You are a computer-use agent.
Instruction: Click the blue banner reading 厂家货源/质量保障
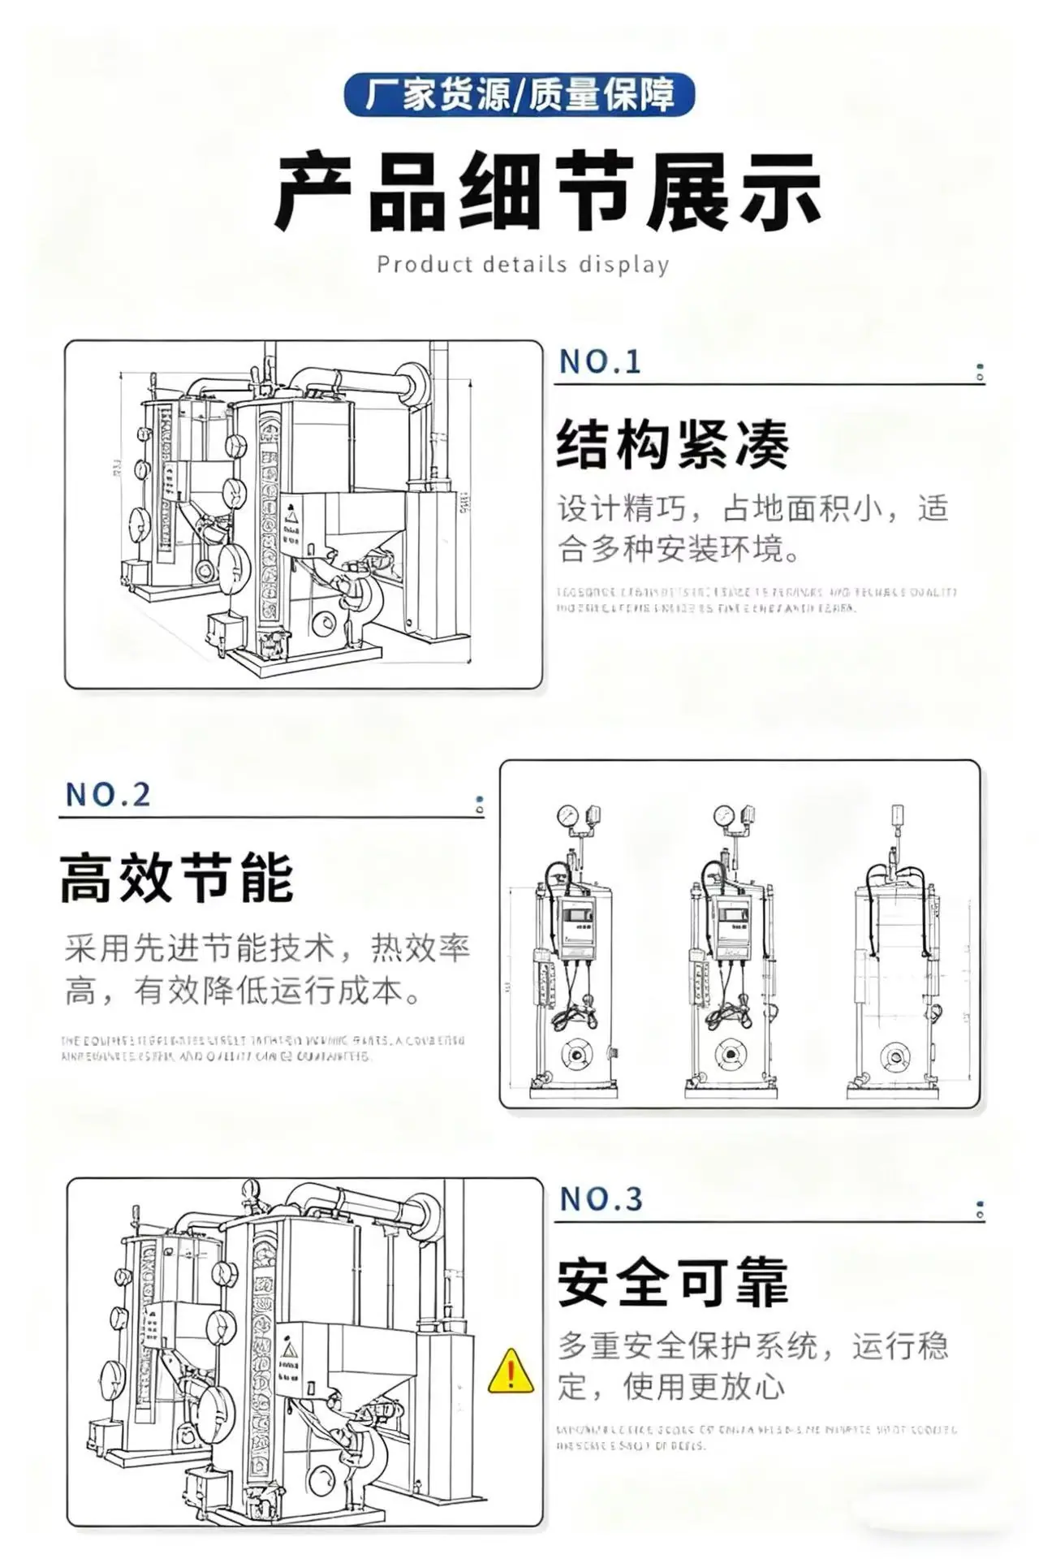click(519, 95)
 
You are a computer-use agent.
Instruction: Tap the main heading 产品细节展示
click(548, 193)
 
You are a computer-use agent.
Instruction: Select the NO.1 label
click(601, 362)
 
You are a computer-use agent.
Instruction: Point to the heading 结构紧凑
click(672, 445)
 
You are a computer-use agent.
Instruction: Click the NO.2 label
click(108, 795)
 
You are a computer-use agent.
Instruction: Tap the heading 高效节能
click(176, 879)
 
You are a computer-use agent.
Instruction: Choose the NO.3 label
click(601, 1199)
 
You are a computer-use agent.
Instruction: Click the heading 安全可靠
click(673, 1283)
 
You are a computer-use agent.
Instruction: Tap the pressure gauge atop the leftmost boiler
click(567, 814)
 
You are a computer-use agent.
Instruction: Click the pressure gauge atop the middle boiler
click(723, 814)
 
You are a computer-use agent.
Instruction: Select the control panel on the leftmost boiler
click(576, 926)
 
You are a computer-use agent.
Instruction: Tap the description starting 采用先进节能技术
click(267, 970)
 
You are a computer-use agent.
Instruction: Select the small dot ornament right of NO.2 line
click(480, 805)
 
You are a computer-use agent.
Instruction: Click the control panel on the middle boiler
click(732, 926)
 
